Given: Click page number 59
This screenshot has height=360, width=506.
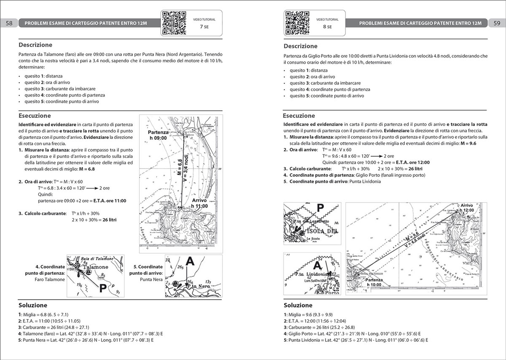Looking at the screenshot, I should pyautogui.click(x=496, y=23).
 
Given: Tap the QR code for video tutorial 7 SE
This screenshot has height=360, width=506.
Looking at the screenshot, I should pyautogui.click(x=174, y=22).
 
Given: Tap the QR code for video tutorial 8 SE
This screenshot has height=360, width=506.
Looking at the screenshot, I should pyautogui.click(x=298, y=22).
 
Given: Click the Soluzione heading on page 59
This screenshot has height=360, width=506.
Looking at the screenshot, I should pyautogui.click(x=298, y=305).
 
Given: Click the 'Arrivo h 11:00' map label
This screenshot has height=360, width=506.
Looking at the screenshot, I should pyautogui.click(x=199, y=203).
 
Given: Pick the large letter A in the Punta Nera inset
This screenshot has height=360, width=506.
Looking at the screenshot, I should pyautogui.click(x=190, y=262).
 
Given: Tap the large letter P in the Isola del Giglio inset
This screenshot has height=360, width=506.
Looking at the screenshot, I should pyautogui.click(x=320, y=208).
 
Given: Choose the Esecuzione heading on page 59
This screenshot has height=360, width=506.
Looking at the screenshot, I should pyautogui.click(x=299, y=116).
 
